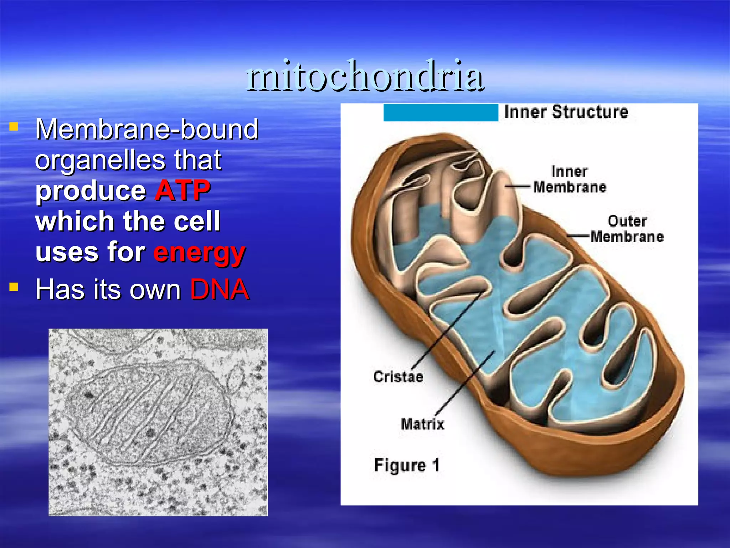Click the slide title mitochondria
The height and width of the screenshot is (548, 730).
tap(365, 76)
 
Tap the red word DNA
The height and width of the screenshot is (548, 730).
tap(219, 289)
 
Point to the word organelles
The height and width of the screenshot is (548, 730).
tap(100, 160)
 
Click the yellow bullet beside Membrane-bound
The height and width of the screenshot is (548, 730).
tap(14, 127)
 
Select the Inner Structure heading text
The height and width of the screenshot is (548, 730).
tap(566, 112)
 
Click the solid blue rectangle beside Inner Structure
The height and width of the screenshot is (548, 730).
tap(441, 113)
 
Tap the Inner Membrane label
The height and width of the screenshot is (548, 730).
tap(569, 179)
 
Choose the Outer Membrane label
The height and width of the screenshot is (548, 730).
tap(627, 229)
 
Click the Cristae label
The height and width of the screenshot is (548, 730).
tap(398, 377)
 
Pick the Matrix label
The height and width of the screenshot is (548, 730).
tap(422, 424)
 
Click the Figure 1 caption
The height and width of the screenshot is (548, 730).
tap(407, 465)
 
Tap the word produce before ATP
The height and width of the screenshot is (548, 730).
tap(91, 191)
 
